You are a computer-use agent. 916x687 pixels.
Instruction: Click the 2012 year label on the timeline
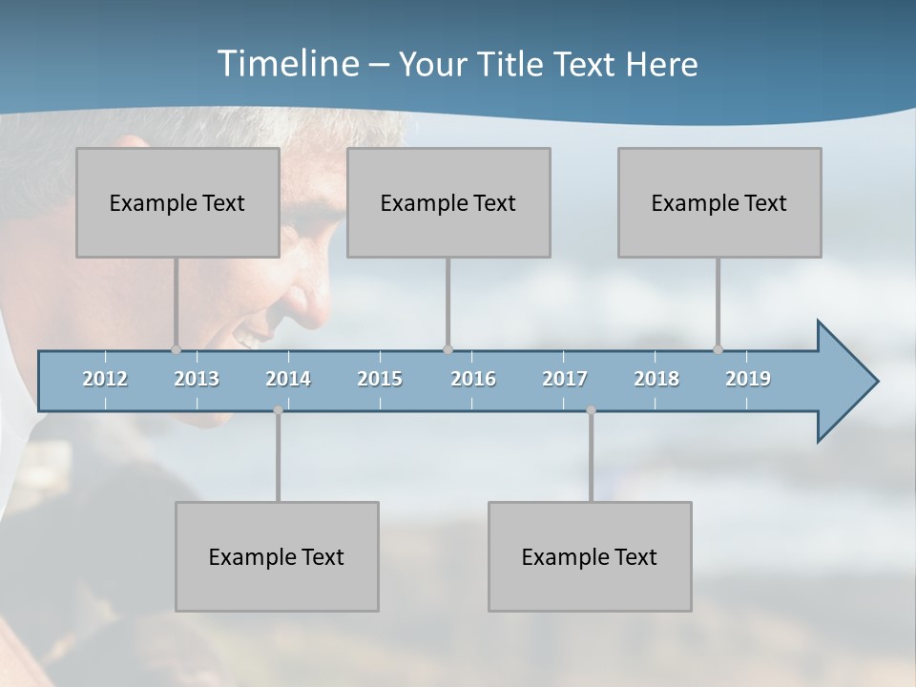click(105, 379)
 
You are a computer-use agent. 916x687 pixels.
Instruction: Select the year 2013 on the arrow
click(197, 379)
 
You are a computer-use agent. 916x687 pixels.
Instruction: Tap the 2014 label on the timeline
click(288, 379)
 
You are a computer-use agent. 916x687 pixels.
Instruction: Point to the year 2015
click(380, 379)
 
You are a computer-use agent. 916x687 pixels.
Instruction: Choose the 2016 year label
click(473, 379)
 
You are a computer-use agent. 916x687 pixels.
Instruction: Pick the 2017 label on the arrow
click(565, 379)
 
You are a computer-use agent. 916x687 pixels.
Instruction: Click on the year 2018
click(656, 379)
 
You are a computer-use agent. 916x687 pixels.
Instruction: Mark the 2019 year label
click(748, 379)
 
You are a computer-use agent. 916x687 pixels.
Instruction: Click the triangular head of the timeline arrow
click(844, 382)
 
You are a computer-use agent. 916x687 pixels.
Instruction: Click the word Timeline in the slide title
click(287, 64)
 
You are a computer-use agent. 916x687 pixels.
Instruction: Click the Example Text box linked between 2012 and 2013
click(177, 202)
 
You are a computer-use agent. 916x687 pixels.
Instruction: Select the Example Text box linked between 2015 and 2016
click(448, 202)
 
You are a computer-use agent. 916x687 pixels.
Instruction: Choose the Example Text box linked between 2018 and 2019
click(719, 202)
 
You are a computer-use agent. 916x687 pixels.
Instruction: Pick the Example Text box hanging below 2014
click(277, 556)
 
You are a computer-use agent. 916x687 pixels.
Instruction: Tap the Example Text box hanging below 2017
click(590, 556)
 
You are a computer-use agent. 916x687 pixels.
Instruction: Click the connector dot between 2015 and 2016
click(448, 349)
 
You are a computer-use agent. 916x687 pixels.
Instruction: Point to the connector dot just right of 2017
click(591, 410)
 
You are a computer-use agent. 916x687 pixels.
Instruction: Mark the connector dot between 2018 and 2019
click(718, 349)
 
